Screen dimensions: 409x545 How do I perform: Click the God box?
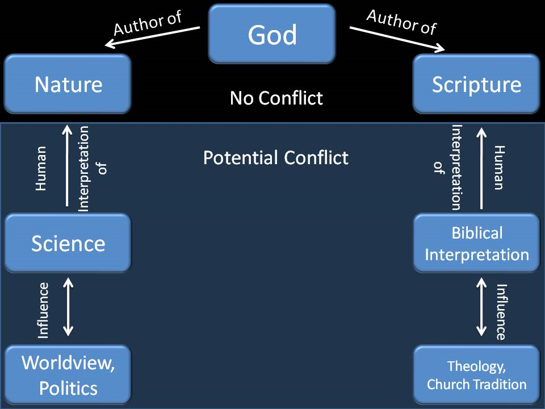[x=272, y=34]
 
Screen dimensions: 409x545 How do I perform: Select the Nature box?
[x=68, y=84]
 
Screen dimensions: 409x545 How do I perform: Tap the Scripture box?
[x=476, y=84]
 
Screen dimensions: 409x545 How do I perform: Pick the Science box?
[x=68, y=243]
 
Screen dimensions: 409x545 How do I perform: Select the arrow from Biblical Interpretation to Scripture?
[x=481, y=168]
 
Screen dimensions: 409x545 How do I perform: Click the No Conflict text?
[x=276, y=98]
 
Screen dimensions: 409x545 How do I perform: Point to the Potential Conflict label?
[x=276, y=157]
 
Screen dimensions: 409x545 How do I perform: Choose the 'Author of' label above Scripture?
[x=402, y=22]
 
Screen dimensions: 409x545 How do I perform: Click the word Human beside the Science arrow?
[x=41, y=169]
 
